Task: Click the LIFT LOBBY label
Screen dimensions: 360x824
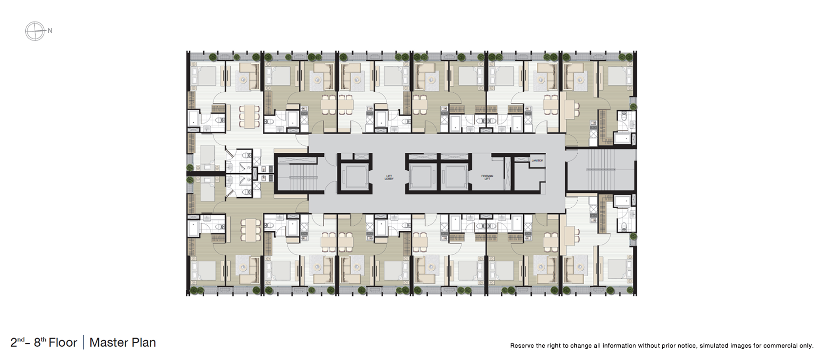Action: pyautogui.click(x=389, y=178)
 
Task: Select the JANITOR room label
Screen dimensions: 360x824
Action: pyautogui.click(x=537, y=160)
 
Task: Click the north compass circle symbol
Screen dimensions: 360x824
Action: pyautogui.click(x=35, y=31)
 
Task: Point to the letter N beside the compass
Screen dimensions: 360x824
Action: pyautogui.click(x=50, y=31)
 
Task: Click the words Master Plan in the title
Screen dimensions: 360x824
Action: pyautogui.click(x=122, y=342)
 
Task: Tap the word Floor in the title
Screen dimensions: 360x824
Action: pyautogui.click(x=63, y=342)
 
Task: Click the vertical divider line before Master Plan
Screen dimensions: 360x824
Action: pyautogui.click(x=83, y=342)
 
